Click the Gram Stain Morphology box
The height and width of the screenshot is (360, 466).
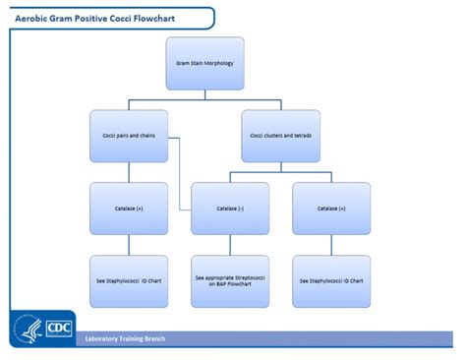point(204,64)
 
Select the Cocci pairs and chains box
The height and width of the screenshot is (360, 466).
point(129,135)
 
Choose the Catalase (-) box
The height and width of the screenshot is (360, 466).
point(230,208)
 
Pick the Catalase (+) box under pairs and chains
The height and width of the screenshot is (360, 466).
point(129,208)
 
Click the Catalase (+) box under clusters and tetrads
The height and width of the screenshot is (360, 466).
point(331,208)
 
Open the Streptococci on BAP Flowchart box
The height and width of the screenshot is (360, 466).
point(230,280)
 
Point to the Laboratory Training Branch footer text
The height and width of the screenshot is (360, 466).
point(125,338)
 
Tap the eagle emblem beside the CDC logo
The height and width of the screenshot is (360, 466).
point(27,329)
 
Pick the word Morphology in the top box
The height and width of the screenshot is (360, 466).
point(217,64)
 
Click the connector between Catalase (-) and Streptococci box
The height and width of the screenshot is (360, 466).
point(230,244)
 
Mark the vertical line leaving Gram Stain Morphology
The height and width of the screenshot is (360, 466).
point(204,93)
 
